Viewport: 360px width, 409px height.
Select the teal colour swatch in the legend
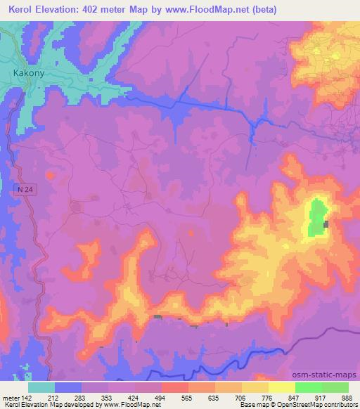click(x=41, y=387)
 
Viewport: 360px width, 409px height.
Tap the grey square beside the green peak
click(x=326, y=224)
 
